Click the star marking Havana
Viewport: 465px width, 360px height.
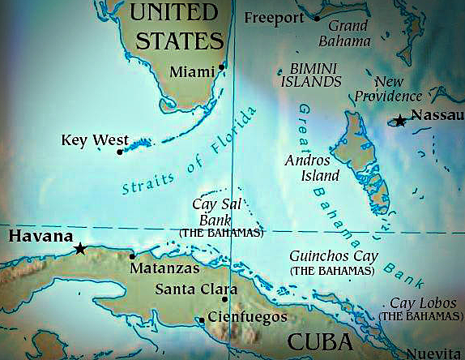[80, 249]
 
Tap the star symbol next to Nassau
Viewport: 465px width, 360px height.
[400, 121]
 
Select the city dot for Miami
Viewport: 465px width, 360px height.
[221, 67]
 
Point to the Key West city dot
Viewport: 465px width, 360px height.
[120, 152]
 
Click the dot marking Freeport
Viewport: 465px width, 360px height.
[317, 17]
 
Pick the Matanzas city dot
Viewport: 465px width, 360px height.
[132, 256]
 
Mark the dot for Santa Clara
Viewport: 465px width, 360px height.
[224, 299]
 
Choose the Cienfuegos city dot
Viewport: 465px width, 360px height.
[202, 319]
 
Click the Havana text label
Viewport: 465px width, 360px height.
[37, 236]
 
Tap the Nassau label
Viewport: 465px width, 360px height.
[437, 115]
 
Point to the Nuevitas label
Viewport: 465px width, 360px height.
[439, 354]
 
